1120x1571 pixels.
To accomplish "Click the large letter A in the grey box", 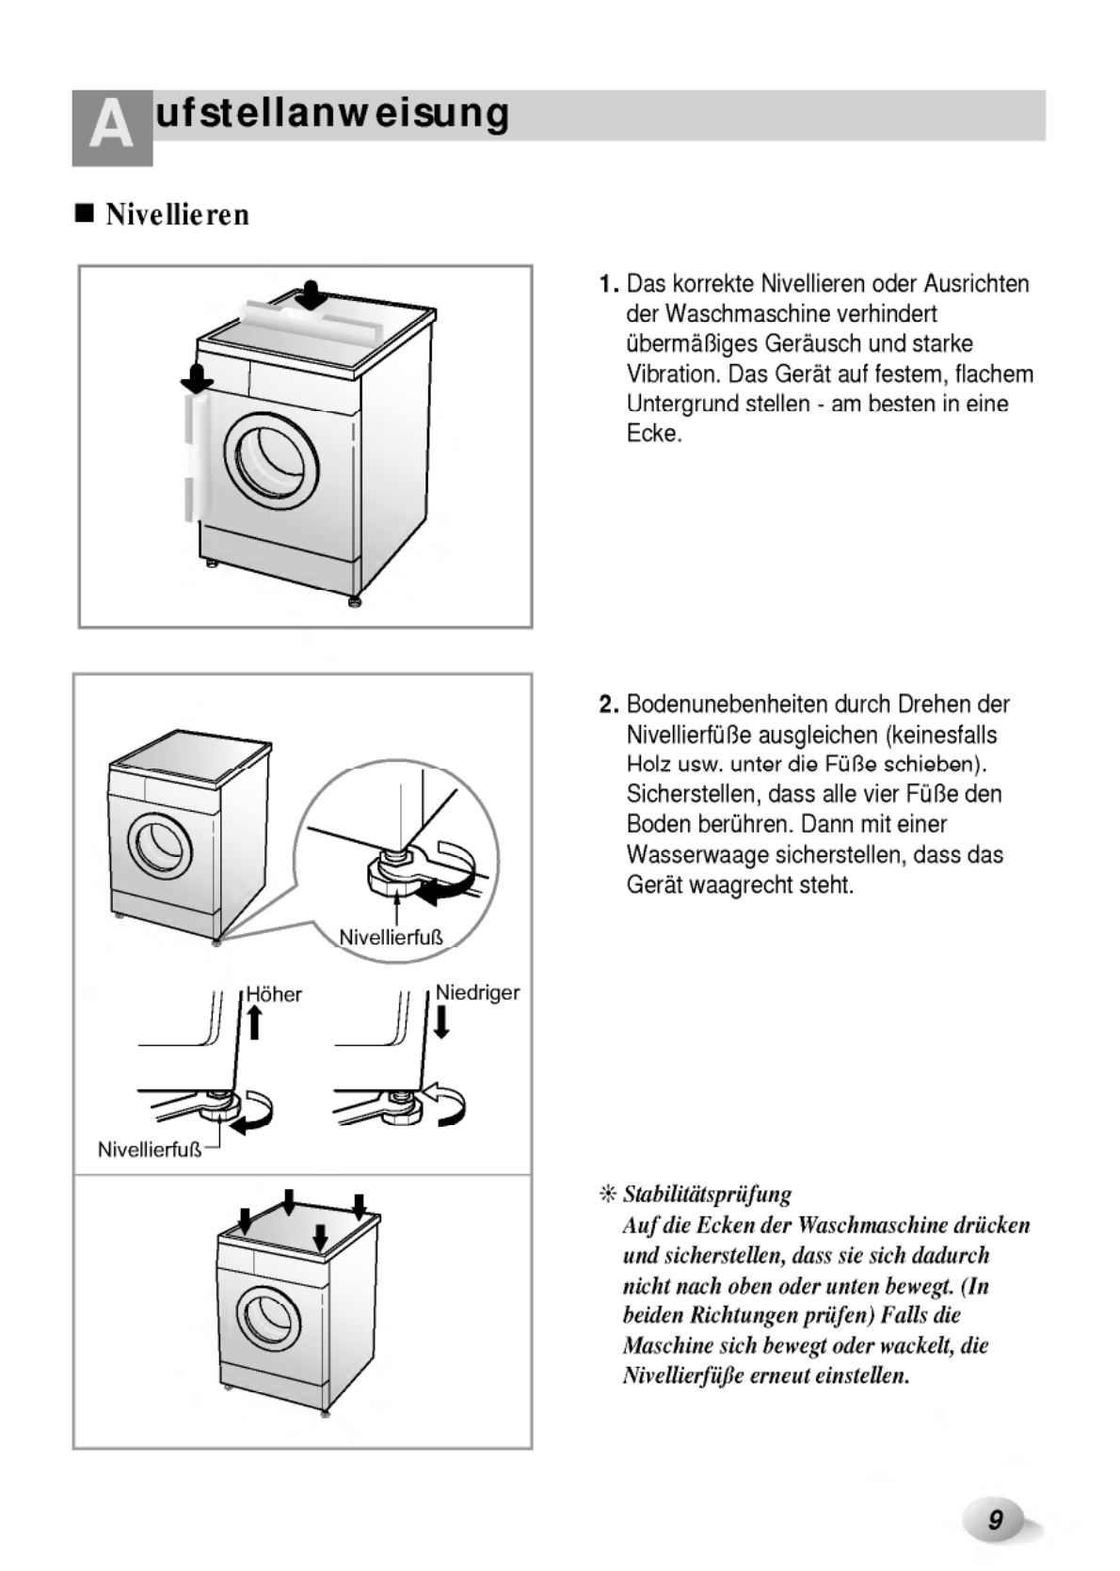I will point(112,128).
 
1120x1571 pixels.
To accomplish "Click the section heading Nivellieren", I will point(177,214).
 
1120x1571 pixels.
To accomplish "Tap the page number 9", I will point(995,1519).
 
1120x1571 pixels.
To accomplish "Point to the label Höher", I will point(275,994).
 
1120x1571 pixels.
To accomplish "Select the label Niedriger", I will point(477,992).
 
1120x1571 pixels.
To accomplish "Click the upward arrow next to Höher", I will point(254,1020).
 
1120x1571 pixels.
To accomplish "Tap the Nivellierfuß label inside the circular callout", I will point(391,937).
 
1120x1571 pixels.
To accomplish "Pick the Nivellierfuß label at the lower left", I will point(149,1150).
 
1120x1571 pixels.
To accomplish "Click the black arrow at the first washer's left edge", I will point(197,378).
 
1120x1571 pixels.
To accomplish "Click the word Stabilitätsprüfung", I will point(707,1195).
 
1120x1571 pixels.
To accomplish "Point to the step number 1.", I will point(608,284).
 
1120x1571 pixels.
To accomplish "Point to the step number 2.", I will point(608,705).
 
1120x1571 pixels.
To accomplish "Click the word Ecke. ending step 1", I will point(653,435).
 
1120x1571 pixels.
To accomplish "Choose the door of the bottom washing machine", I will point(264,1315).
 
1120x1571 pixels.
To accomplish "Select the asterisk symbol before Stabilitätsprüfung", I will point(607,1195).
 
